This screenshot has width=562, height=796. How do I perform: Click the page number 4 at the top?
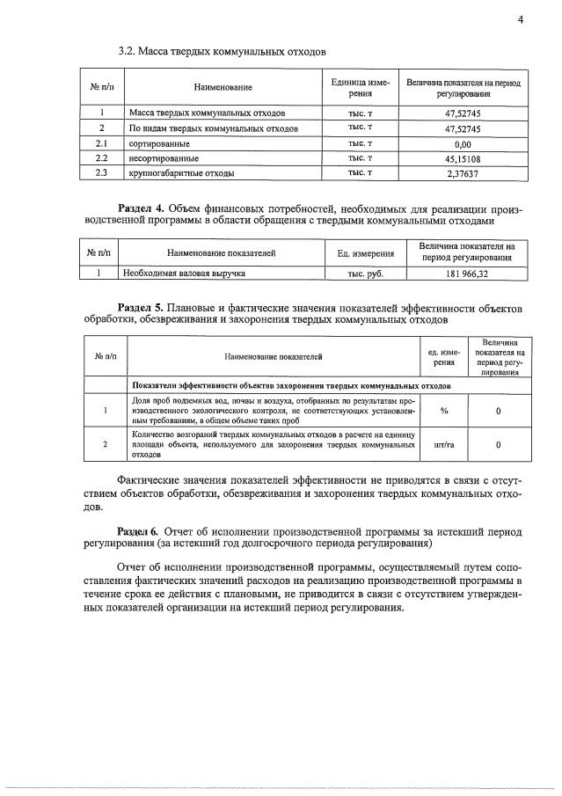click(520, 21)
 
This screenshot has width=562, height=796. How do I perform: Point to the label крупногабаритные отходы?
click(181, 173)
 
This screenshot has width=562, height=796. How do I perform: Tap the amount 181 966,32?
click(466, 274)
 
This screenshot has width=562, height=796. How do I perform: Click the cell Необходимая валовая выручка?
click(183, 274)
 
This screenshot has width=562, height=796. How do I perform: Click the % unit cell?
click(444, 411)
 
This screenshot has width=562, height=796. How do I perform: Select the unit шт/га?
click(444, 445)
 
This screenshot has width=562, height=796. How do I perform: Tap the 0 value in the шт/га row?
click(499, 445)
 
